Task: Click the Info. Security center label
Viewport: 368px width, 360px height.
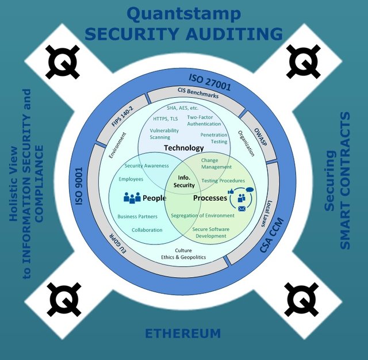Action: pos(184,181)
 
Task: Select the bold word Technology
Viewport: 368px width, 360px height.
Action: pos(184,148)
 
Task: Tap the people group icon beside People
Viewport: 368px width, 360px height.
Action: pos(132,198)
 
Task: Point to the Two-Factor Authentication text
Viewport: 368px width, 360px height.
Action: pos(204,120)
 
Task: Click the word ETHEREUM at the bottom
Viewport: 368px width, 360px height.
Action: pos(182,334)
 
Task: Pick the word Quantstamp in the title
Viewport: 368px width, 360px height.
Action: pos(184,14)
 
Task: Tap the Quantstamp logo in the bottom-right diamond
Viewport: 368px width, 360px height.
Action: pos(302,298)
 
